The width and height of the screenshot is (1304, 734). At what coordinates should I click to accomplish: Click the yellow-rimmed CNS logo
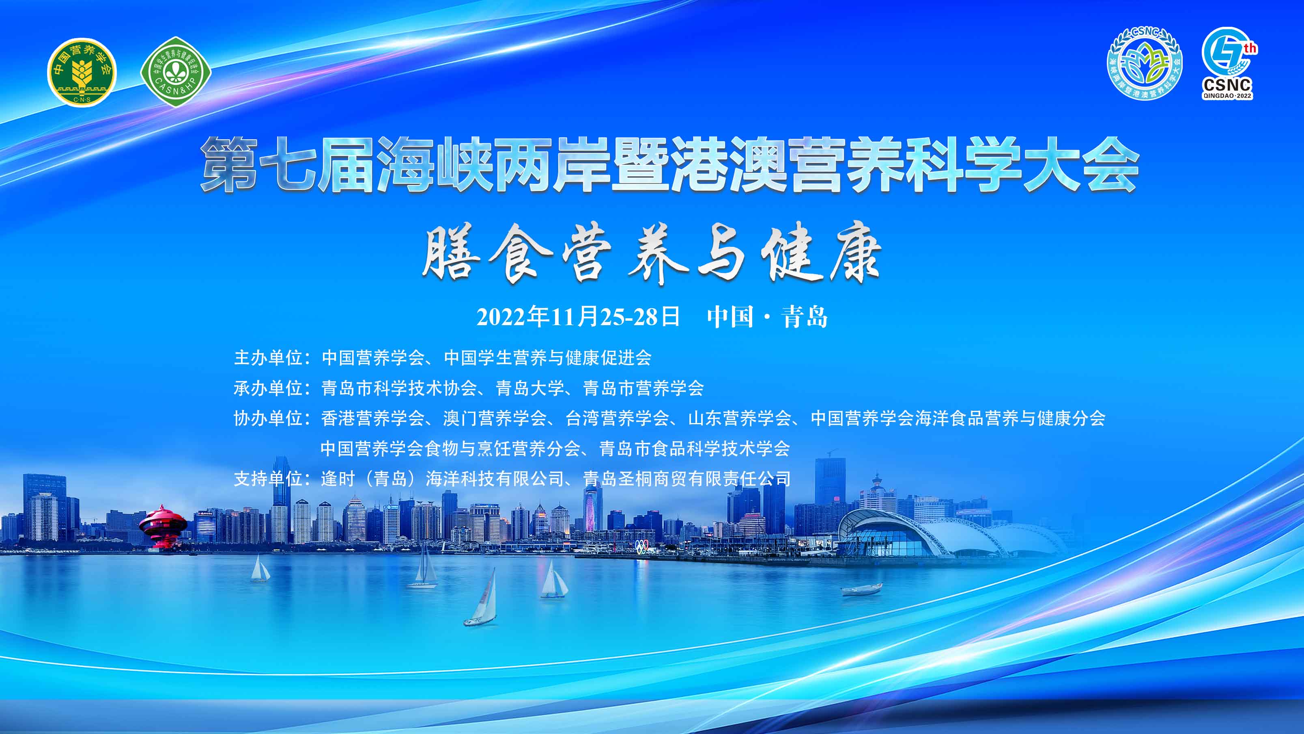click(x=82, y=72)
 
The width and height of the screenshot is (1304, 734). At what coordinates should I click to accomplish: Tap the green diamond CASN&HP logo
click(x=176, y=72)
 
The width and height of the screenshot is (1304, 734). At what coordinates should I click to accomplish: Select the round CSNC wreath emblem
click(x=1145, y=63)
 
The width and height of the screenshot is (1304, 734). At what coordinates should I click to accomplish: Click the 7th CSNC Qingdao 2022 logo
click(x=1228, y=63)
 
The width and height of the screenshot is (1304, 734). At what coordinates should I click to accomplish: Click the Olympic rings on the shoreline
click(x=642, y=546)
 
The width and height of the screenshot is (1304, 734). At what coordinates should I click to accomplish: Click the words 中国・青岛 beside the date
click(x=767, y=317)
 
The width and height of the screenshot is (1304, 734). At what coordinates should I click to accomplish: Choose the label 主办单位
click(x=268, y=358)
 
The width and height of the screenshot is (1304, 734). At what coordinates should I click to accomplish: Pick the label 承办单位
click(x=268, y=388)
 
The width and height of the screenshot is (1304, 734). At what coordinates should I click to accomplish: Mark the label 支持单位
click(x=268, y=479)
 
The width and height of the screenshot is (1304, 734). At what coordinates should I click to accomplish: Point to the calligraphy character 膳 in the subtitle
click(x=450, y=252)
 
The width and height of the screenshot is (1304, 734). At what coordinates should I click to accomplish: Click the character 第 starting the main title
click(x=229, y=165)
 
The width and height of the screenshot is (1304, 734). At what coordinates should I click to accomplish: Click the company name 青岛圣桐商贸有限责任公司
click(x=687, y=479)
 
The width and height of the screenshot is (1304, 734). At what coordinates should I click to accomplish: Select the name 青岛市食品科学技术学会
click(x=695, y=448)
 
